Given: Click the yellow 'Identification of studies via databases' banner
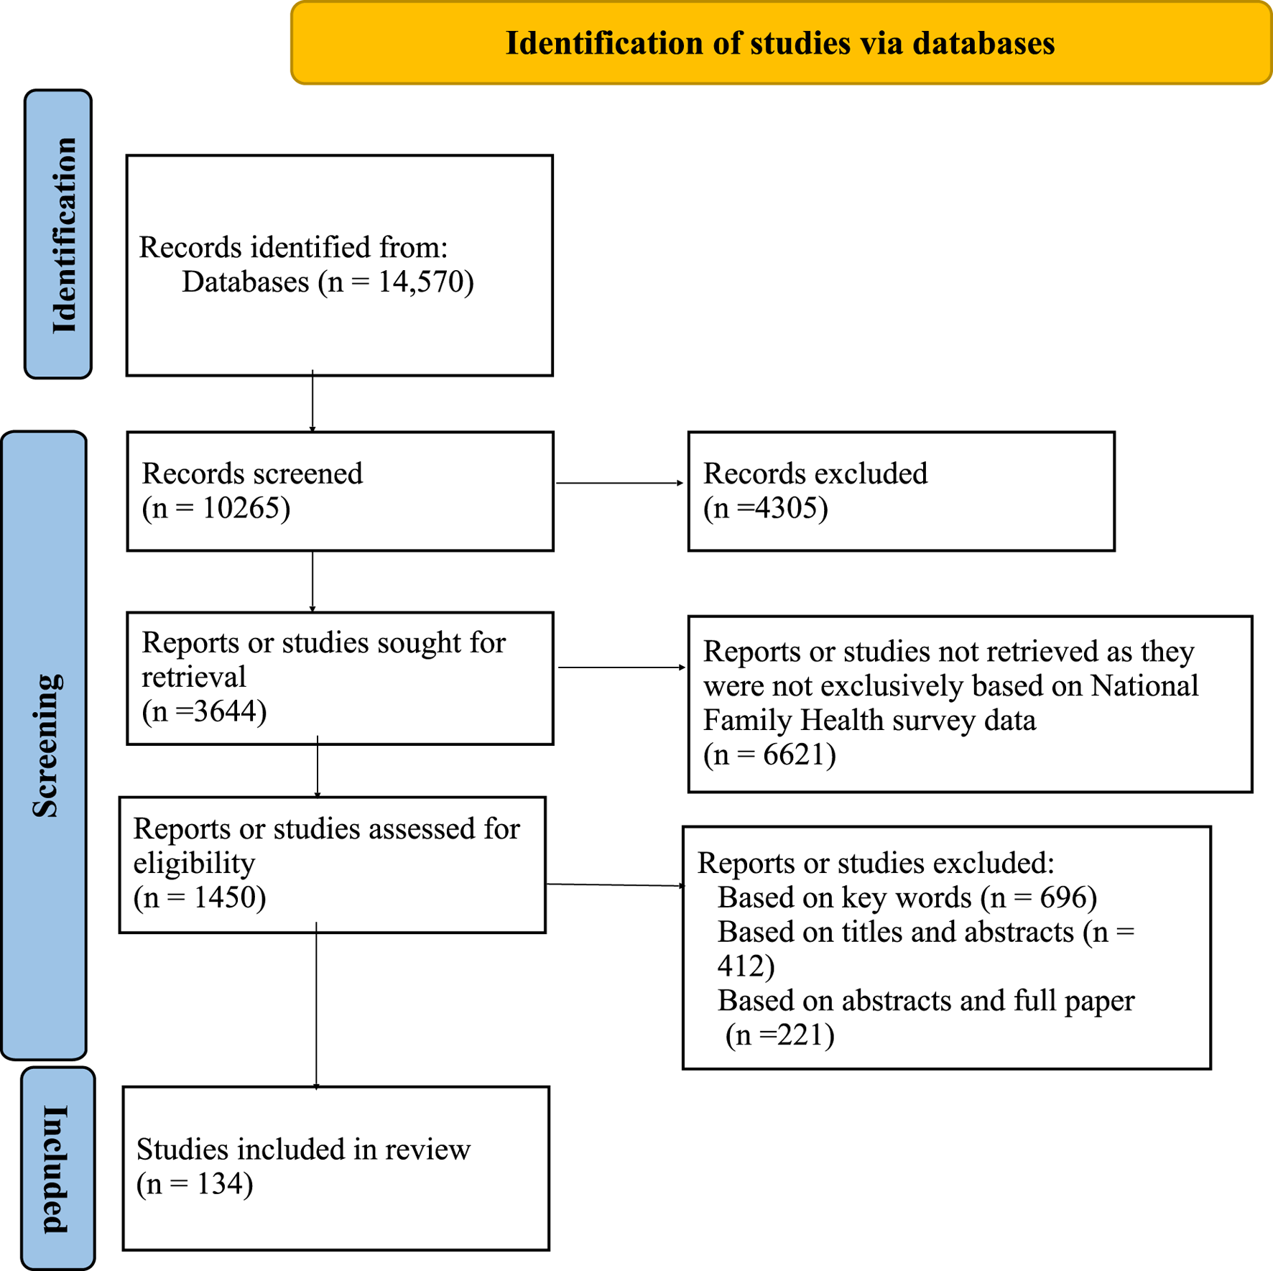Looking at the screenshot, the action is pos(782,43).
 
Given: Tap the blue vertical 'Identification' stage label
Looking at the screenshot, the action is pos(58,234).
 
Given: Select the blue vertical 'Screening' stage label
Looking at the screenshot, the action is pos(45,746).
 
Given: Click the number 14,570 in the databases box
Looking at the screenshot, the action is pos(422,282).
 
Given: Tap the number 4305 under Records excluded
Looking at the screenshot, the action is pos(786,508).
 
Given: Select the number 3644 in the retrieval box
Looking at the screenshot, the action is pos(225,711).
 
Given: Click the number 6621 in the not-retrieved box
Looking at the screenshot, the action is pos(794,754).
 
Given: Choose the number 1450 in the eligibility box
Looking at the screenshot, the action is pos(225,897).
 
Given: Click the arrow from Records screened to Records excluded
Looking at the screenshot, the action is pos(620,483).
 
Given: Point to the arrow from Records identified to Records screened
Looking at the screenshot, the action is pos(313,402).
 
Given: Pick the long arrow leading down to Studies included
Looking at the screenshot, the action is pos(316,1006).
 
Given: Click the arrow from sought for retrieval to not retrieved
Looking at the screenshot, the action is pos(622,667).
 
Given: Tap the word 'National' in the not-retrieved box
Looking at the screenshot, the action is pos(1145,686).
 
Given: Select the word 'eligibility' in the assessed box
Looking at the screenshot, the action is pos(194,864).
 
